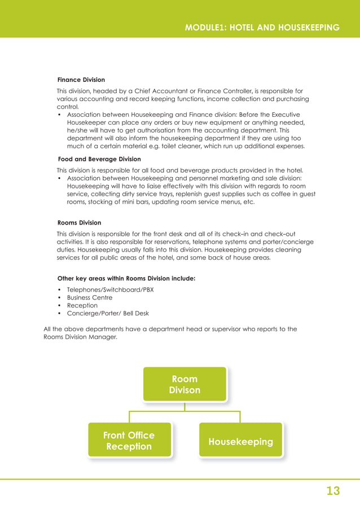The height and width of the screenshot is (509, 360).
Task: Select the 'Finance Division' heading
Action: coord(81,80)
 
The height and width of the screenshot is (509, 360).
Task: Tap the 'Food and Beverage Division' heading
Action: coord(99,159)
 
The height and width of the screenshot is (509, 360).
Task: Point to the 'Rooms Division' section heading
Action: coord(80,223)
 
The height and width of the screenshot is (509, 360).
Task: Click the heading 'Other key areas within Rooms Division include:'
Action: coord(126,278)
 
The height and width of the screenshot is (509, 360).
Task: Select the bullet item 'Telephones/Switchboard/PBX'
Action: coord(110,289)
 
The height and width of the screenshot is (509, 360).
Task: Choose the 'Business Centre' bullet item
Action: coord(90,297)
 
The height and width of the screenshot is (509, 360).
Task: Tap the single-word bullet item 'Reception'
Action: coord(82,305)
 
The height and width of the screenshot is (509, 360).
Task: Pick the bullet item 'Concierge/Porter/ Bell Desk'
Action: coord(108,313)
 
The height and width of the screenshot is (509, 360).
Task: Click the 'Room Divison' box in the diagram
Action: coord(185,384)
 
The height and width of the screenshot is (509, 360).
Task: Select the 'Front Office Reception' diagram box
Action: coord(129,440)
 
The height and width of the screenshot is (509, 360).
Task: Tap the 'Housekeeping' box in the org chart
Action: coord(240,441)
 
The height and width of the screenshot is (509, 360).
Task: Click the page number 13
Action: coord(333,491)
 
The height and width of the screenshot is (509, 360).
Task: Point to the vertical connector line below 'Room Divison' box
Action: coord(185,407)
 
